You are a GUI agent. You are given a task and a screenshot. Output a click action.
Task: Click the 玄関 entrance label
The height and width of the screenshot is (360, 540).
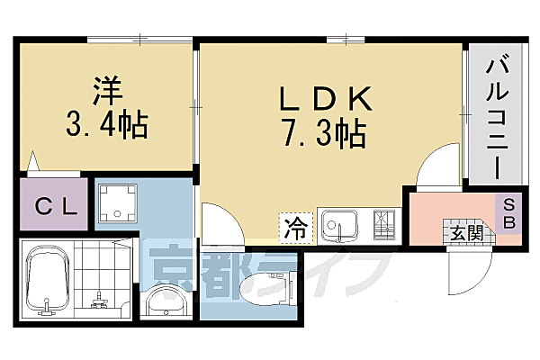[469, 234]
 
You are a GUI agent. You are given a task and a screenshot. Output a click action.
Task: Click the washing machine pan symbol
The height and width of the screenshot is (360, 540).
[116, 204]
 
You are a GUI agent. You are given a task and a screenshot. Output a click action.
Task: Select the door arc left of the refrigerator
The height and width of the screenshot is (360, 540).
[221, 222]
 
